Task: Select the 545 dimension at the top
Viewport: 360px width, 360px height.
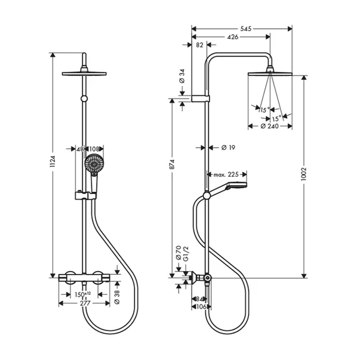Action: tap(241, 27)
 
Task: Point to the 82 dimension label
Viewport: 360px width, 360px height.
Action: tap(199, 45)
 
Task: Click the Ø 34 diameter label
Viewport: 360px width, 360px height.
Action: tap(181, 76)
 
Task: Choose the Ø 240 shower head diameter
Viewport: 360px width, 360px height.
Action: tap(270, 127)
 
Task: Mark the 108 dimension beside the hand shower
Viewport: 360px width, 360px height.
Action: tap(94, 149)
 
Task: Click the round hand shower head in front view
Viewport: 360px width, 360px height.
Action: tap(93, 162)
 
